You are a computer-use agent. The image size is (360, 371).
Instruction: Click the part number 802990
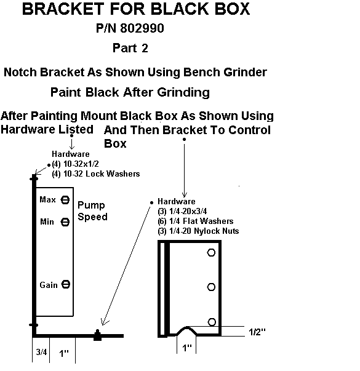coord(142,28)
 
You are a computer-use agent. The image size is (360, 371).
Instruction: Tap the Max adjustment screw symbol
coord(65,200)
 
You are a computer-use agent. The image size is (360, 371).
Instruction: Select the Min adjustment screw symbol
coord(65,222)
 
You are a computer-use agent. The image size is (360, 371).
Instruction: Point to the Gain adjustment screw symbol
coord(66,284)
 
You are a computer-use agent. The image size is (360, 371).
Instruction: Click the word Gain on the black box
coord(49,285)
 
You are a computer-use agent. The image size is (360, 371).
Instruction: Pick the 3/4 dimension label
coord(41,352)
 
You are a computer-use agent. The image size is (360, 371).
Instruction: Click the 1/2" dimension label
coord(257,332)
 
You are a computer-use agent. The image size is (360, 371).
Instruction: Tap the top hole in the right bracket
coord(211,252)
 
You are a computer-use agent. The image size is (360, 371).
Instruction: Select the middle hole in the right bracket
coord(211,287)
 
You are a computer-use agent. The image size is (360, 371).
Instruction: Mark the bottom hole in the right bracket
coord(212,322)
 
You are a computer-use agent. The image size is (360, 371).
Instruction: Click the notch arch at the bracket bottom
coord(187,327)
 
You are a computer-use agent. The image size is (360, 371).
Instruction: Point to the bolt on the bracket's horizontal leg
coord(97,335)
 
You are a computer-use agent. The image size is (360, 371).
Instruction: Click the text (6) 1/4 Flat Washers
coord(196,221)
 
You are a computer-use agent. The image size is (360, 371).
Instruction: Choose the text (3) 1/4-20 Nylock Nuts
coord(198,231)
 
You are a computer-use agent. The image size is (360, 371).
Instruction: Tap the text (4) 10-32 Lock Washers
coord(96,174)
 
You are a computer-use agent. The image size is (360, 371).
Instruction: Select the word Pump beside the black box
coord(91,205)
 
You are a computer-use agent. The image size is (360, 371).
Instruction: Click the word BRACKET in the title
coord(63,9)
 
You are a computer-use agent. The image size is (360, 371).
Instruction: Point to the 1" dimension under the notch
coord(186,348)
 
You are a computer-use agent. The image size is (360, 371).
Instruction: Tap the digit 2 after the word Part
coord(145,48)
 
